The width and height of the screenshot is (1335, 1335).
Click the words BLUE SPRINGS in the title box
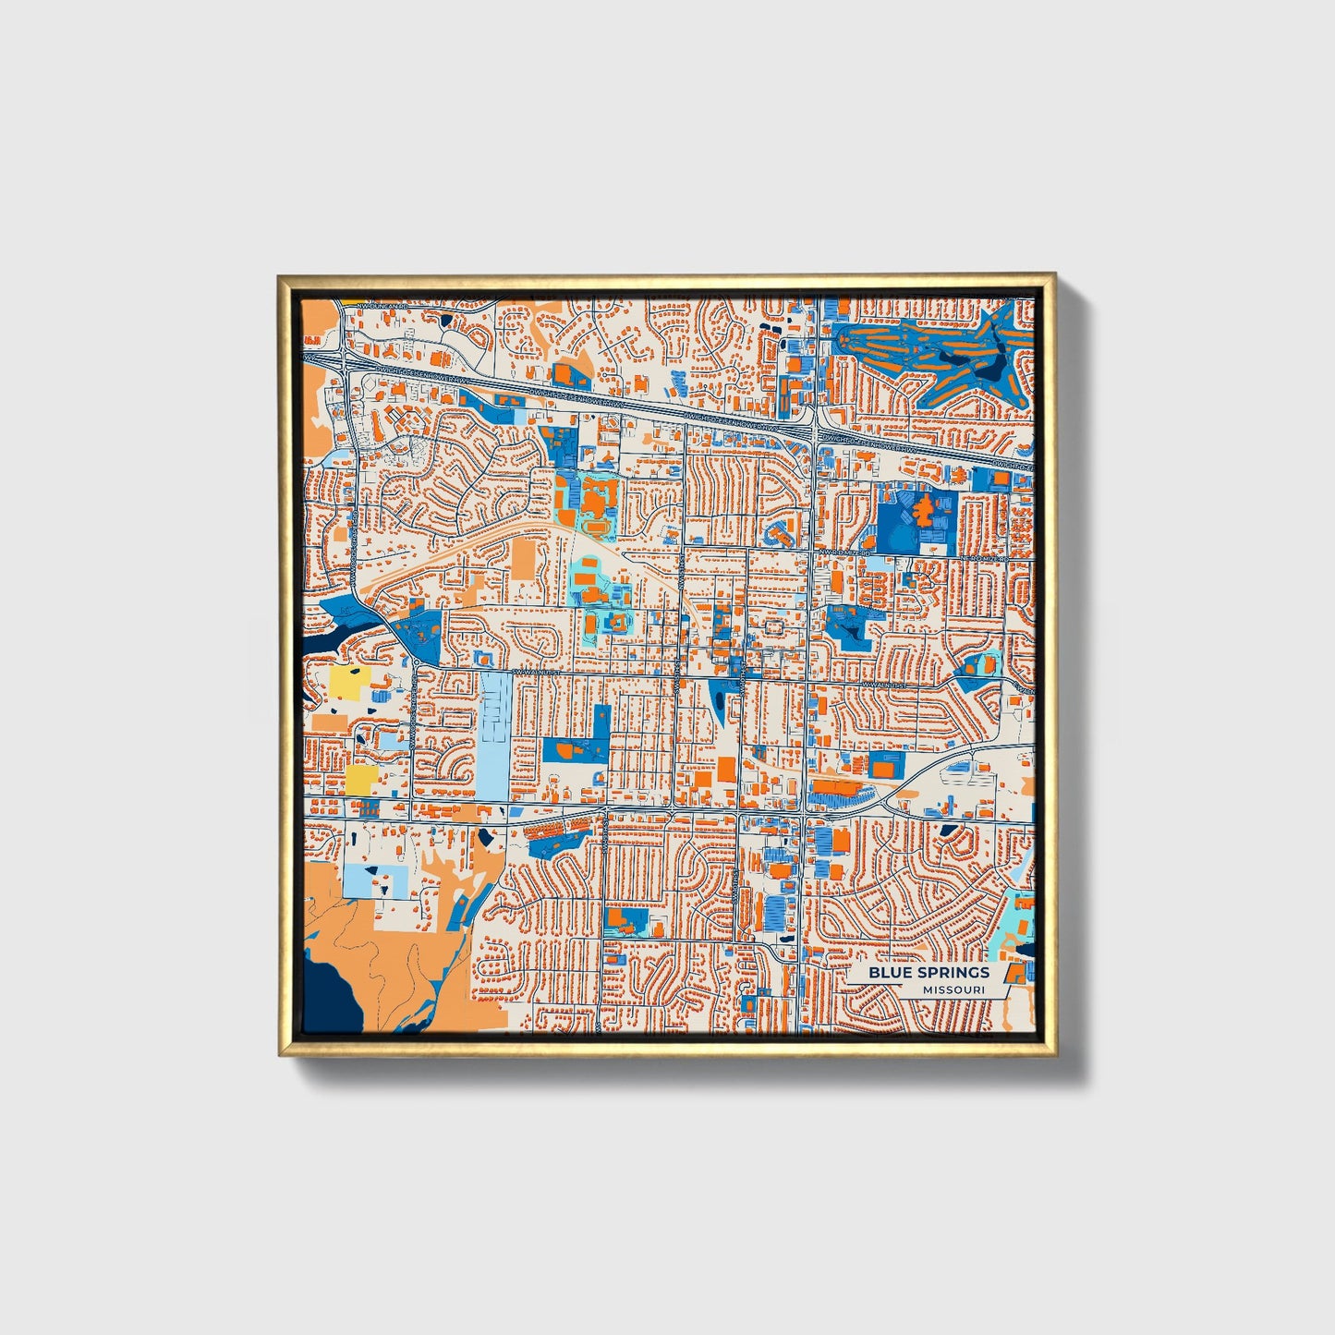click(928, 972)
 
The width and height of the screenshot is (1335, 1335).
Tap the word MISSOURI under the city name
click(953, 990)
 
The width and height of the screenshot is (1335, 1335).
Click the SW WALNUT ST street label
click(539, 672)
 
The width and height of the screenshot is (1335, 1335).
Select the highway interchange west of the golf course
click(811, 427)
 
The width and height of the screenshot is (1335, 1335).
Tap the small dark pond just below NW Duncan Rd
click(446, 320)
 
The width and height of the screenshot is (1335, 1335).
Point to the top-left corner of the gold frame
click(279, 276)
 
